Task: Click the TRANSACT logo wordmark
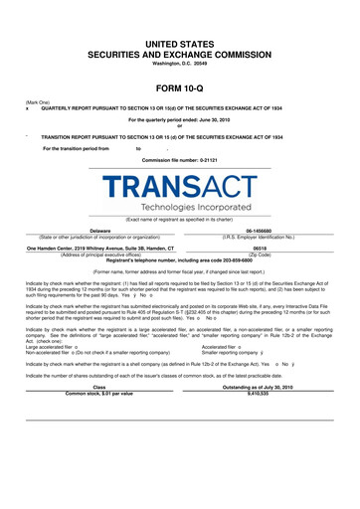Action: pyautogui.click(x=179, y=187)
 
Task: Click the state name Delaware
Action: pyautogui.click(x=99, y=230)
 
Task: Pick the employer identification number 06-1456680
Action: pyautogui.click(x=260, y=230)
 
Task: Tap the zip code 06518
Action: pyautogui.click(x=261, y=248)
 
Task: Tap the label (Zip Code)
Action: pyautogui.click(x=261, y=254)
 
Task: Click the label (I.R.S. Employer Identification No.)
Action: pyautogui.click(x=261, y=236)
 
